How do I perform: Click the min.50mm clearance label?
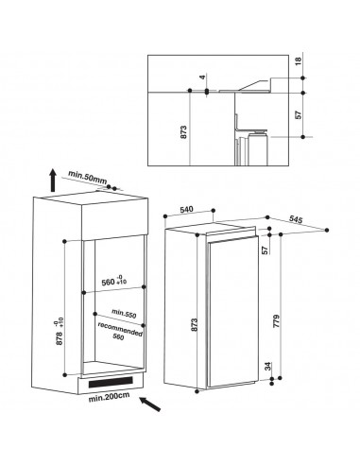point(88,178)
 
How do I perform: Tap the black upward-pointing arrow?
point(53,181)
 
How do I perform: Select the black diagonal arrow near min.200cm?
point(150,405)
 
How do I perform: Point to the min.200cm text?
point(109,397)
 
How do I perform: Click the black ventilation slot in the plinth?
point(111,382)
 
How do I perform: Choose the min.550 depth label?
point(124,313)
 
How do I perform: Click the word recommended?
point(120,329)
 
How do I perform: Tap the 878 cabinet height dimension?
point(60,333)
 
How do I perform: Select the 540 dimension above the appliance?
point(186,209)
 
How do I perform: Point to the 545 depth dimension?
point(296,219)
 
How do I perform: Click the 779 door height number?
point(276,321)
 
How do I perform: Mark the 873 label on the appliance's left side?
point(194,325)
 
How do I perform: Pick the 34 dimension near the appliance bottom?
point(267,367)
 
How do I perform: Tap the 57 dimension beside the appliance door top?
point(266,250)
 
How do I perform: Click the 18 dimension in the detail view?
point(299,60)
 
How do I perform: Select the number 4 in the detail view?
point(203,77)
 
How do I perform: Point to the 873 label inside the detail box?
point(184,132)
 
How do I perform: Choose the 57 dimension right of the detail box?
point(299,114)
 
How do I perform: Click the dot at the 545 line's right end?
point(327,230)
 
